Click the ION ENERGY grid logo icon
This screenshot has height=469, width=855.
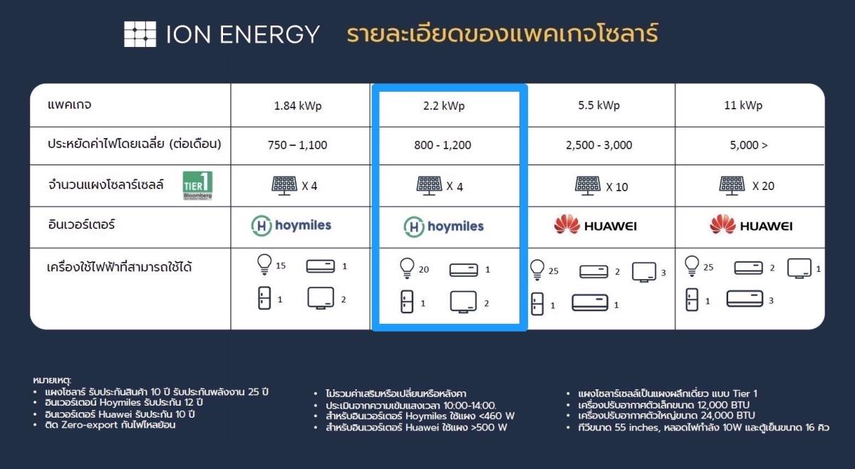[140, 34]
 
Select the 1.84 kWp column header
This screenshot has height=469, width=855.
[298, 105]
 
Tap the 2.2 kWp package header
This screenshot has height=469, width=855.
[443, 105]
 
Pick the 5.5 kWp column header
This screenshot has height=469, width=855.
[598, 105]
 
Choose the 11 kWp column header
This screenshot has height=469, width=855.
[742, 105]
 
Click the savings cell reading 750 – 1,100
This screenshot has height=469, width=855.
[297, 145]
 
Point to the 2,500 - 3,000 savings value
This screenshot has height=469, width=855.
[599, 145]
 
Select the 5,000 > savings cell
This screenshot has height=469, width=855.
[749, 145]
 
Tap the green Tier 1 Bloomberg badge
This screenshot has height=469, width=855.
[197, 185]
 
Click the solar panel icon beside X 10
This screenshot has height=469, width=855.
[588, 186]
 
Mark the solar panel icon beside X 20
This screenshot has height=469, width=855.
[732, 186]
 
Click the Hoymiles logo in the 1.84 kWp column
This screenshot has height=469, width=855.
[291, 226]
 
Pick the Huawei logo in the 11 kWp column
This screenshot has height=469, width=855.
[751, 225]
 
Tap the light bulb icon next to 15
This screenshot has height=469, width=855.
[264, 264]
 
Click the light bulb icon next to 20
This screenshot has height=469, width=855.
[407, 268]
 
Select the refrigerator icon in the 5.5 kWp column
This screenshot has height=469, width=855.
[537, 303]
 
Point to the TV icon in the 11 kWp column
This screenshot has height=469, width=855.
[799, 269]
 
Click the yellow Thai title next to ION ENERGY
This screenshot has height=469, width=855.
[502, 33]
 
